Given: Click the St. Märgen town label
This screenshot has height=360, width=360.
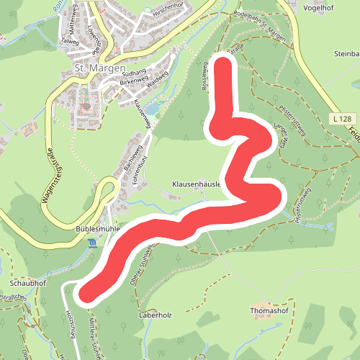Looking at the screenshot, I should point(99,70).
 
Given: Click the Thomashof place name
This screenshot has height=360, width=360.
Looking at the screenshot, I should point(268,311).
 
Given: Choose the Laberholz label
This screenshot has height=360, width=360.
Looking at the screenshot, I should point(156,315).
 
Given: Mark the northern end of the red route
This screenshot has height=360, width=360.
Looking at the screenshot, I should point(225,65).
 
